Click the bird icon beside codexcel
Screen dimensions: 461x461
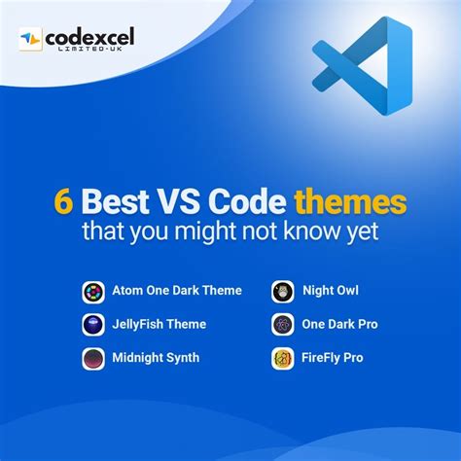(x=31, y=39)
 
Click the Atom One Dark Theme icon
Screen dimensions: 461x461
(x=93, y=291)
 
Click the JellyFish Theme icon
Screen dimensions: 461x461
(x=93, y=324)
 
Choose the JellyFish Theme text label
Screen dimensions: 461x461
(x=160, y=324)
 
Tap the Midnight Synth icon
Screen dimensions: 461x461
(x=93, y=358)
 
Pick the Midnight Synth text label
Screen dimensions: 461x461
(x=157, y=358)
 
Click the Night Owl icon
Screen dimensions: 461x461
(x=283, y=291)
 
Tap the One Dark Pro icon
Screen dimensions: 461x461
(x=283, y=324)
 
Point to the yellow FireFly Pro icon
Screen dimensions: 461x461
(x=283, y=358)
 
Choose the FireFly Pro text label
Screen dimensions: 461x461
(x=334, y=358)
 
